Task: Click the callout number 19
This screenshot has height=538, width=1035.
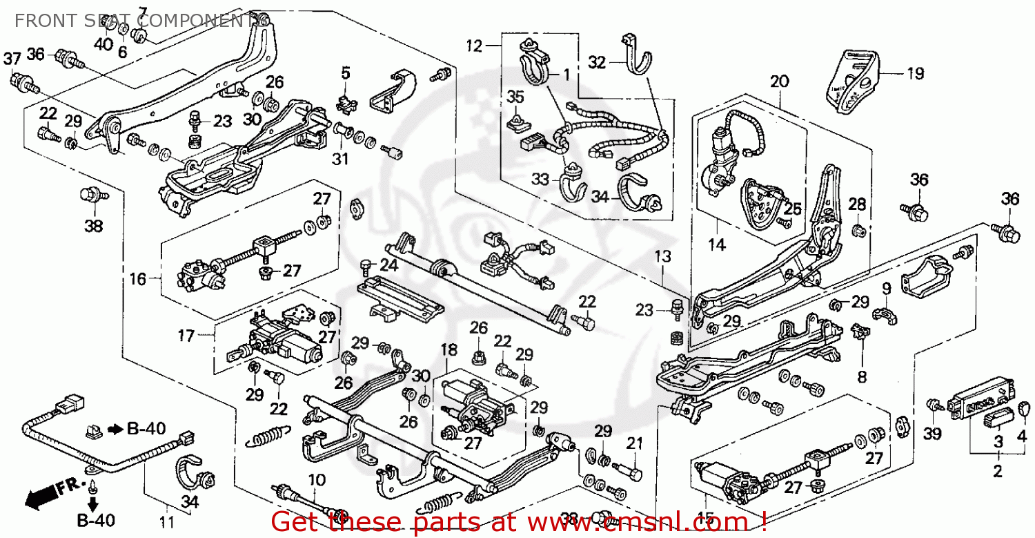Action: pyautogui.click(x=915, y=73)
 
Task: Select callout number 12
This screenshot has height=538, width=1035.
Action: pyautogui.click(x=474, y=47)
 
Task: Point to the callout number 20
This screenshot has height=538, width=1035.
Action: pyautogui.click(x=779, y=81)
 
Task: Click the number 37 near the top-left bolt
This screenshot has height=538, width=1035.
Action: pyautogui.click(x=12, y=60)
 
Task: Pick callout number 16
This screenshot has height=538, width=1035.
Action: pyautogui.click(x=137, y=280)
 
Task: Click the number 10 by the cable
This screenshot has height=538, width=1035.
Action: pyautogui.click(x=316, y=479)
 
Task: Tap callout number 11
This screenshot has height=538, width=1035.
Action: pyautogui.click(x=166, y=523)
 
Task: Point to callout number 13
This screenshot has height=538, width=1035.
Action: pyautogui.click(x=662, y=257)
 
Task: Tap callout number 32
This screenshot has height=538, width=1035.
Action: pyautogui.click(x=597, y=62)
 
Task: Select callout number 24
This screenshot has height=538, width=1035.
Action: pyautogui.click(x=389, y=265)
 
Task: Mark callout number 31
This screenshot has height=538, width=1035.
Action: pyautogui.click(x=339, y=159)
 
